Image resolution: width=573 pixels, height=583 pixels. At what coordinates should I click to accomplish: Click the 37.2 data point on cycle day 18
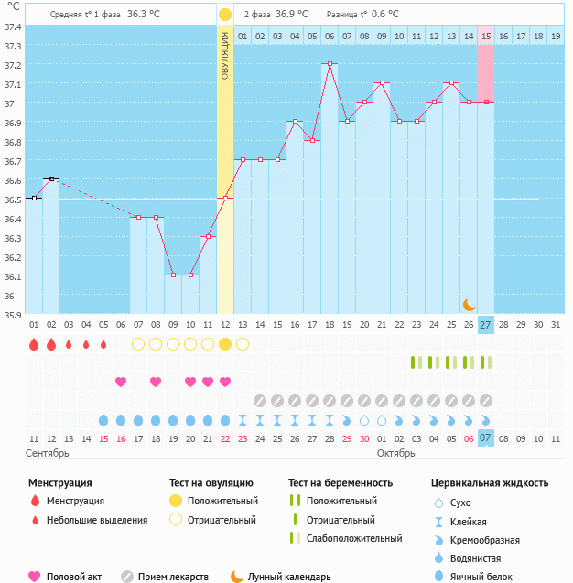[x=330, y=64]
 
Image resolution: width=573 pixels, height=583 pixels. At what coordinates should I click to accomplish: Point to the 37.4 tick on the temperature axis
[x=13, y=27]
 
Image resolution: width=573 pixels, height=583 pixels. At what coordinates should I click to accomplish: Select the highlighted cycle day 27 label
[x=485, y=325]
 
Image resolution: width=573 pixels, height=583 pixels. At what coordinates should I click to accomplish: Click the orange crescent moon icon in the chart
[x=469, y=304]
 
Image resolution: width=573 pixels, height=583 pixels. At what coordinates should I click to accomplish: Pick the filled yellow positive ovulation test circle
[x=225, y=344]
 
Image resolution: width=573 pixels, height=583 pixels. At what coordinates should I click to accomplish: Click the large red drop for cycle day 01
[x=34, y=344]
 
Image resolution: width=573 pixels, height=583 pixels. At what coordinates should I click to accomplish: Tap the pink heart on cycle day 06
[x=121, y=382]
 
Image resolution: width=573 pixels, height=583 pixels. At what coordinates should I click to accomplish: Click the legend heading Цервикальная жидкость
[x=490, y=482]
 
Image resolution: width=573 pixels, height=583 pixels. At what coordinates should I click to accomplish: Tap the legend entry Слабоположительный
[x=354, y=538]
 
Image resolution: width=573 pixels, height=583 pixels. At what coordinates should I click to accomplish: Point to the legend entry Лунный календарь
[x=289, y=577]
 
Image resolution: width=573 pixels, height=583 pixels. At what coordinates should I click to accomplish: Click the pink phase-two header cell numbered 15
[x=486, y=36]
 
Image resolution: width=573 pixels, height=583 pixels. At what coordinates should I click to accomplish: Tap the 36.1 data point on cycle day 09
[x=173, y=275]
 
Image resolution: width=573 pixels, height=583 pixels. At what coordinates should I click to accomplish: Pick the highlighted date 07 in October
[x=486, y=438]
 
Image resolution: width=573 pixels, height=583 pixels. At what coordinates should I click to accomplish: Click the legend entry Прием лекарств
[x=173, y=577]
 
